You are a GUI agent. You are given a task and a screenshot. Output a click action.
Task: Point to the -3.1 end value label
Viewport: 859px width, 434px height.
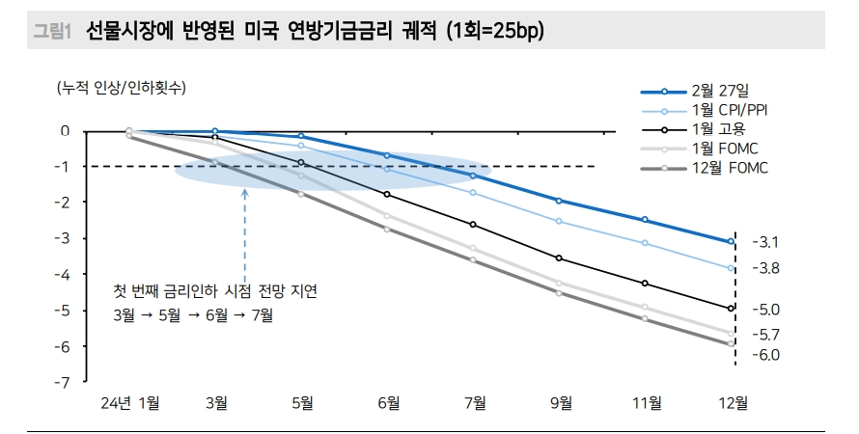point(765,242)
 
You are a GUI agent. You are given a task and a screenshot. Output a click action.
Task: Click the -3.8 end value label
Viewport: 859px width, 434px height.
point(765,268)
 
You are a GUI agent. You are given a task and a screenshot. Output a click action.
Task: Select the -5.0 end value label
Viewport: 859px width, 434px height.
point(765,310)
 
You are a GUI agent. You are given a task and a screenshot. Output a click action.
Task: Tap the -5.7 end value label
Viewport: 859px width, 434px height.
point(765,335)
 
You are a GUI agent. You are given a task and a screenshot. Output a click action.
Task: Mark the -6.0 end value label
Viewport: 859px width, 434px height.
point(765,355)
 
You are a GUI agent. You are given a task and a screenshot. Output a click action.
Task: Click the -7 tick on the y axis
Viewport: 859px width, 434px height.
point(64,383)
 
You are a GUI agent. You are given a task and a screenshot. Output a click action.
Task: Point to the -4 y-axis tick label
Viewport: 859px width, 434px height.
point(64,275)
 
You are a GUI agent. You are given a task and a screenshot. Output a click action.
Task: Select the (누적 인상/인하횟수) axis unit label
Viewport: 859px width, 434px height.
point(122,88)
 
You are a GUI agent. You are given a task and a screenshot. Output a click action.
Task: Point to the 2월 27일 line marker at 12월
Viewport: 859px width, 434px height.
point(732,242)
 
